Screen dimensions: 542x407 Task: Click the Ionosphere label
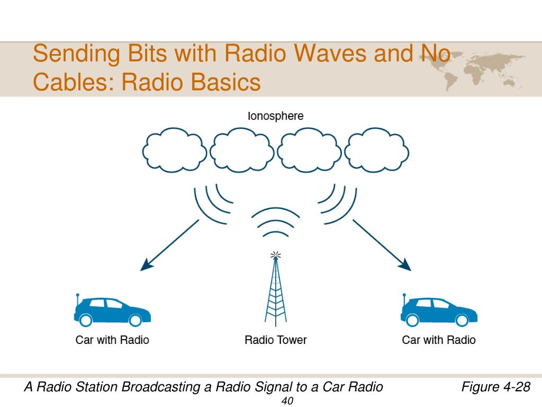pyautogui.click(x=276, y=116)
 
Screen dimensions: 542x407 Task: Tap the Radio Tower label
pyautogui.click(x=275, y=340)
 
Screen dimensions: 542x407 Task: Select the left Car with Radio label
pyautogui.click(x=112, y=340)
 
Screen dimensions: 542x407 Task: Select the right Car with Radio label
pyautogui.click(x=439, y=340)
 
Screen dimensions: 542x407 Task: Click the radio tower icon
pyautogui.click(x=275, y=291)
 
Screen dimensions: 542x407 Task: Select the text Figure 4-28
pyautogui.click(x=495, y=387)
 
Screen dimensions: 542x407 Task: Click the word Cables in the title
pyautogui.click(x=72, y=82)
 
